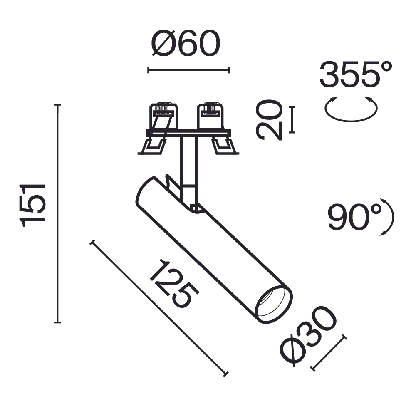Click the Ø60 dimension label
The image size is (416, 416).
pos(186,44)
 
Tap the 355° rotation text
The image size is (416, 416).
pos(356,75)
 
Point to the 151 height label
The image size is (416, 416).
pos(33,205)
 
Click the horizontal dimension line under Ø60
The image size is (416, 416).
pos(188,70)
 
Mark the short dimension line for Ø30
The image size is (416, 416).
pos(328,353)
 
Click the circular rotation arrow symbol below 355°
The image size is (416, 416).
pos(351,110)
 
